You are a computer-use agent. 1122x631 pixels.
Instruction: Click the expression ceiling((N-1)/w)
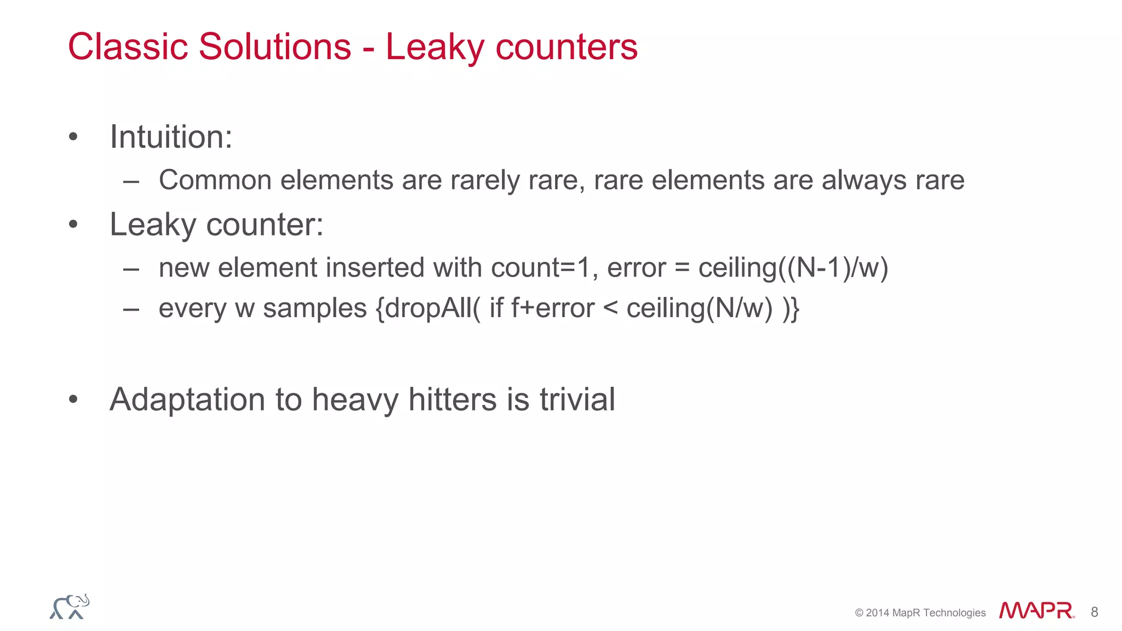793,268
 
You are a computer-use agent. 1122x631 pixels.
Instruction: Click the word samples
314,308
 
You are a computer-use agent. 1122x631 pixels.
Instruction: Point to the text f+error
552,308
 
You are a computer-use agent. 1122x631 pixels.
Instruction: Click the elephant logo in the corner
70,606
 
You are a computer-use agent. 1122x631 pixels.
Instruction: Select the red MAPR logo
1036,611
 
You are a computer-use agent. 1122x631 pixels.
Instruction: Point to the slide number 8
1094,612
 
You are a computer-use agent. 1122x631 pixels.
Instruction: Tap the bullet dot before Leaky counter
73,225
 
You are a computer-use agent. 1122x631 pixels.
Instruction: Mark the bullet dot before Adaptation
73,399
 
